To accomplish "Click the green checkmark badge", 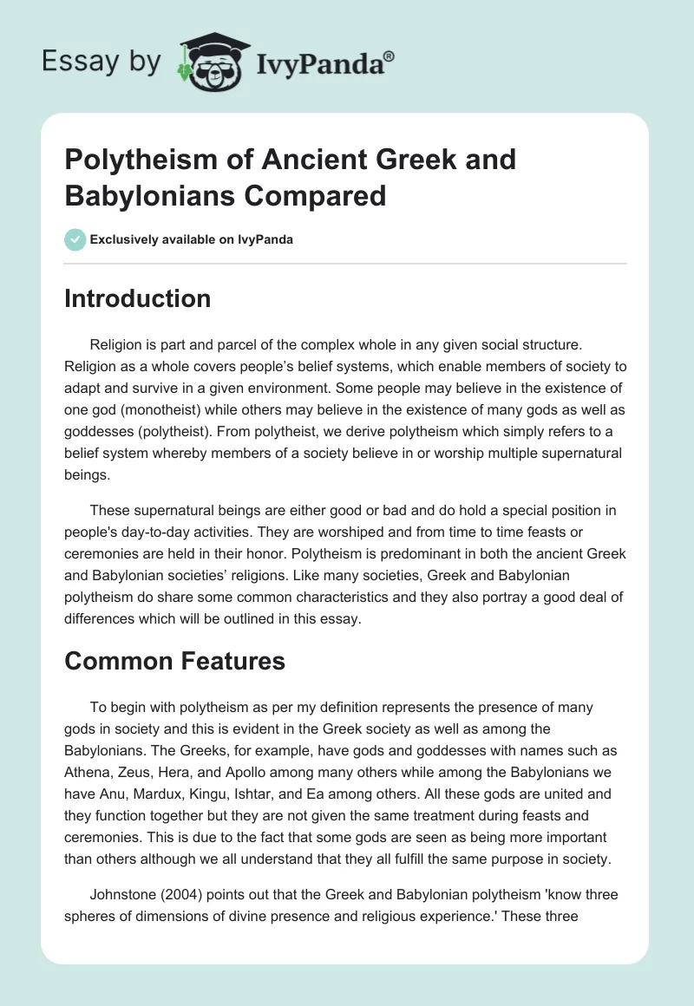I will click(x=74, y=239).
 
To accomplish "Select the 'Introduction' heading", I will click(x=137, y=299).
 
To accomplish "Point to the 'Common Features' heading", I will click(x=174, y=661).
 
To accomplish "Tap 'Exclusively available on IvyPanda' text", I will click(x=191, y=239).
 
